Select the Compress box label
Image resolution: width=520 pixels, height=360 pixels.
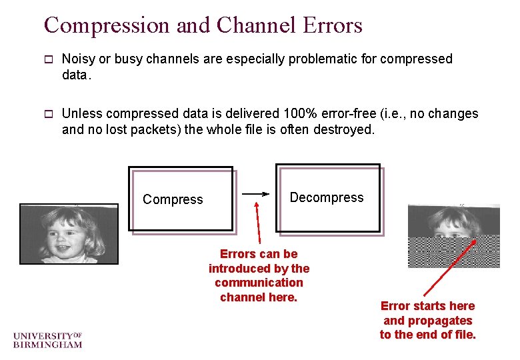pos(173,199)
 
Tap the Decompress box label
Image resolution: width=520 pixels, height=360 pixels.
pos(327,197)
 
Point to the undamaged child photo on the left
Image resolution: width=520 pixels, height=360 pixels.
pos(69,233)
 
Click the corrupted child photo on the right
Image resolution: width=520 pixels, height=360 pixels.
pos(453,235)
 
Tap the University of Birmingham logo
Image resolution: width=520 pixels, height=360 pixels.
pos(47,339)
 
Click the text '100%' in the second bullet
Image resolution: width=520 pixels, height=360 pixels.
pos(296,113)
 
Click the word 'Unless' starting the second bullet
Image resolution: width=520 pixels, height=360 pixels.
pos(81,113)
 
